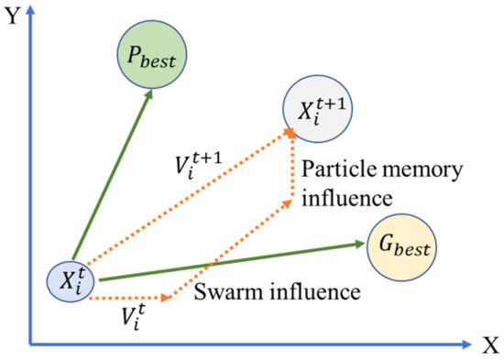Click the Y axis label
(x=10, y=15)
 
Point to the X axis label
(x=489, y=345)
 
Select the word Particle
(x=334, y=170)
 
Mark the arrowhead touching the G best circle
(x=359, y=244)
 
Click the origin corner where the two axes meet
(x=30, y=344)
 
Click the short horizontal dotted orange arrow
(x=133, y=297)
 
